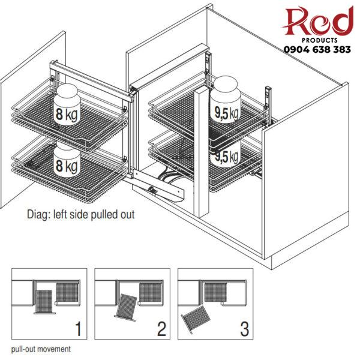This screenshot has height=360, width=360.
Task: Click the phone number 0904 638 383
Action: pos(317,49)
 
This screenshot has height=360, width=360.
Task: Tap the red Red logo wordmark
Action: pos(319,21)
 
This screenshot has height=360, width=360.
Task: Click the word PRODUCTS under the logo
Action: pos(320,40)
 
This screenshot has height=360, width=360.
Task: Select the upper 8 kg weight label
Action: pos(67,114)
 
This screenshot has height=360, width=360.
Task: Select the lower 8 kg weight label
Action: pos(67,166)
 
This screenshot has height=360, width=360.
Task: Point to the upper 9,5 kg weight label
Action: pos(226,113)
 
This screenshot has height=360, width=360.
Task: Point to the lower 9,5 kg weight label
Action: pos(226,157)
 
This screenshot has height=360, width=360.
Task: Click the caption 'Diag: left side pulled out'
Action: pos(80,215)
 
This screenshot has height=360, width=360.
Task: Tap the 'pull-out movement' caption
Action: pos(41,349)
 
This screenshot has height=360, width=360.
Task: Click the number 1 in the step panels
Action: pos(78,329)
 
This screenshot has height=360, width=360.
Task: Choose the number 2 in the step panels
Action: pos(161,329)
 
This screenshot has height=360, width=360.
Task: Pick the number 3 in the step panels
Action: pos(244,329)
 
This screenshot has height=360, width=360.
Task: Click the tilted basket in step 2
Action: pos(126,307)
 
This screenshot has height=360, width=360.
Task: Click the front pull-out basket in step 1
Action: pos(44,302)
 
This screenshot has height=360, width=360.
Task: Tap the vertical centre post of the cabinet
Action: pos(202,153)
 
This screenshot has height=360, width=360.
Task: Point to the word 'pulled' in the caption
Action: pos(104,215)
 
